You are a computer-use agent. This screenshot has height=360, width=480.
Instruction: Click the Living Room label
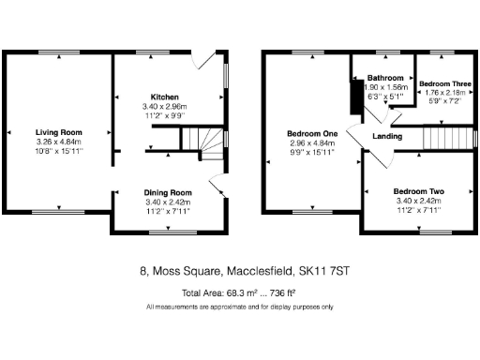(x=58, y=132)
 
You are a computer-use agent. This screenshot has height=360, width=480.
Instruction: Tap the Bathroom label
(x=384, y=78)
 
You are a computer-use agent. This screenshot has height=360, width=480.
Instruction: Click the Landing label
(x=387, y=137)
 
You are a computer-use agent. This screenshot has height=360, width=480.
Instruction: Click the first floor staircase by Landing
(x=442, y=138)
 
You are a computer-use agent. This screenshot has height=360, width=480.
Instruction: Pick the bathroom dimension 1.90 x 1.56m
(x=384, y=87)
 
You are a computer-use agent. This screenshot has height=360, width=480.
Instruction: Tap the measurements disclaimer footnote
(x=239, y=307)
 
